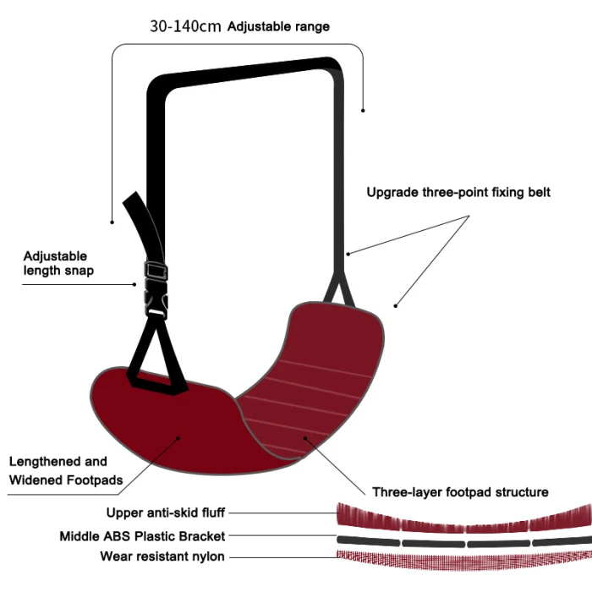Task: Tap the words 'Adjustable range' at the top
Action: click(x=278, y=26)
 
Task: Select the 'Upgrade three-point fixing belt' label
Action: click(x=458, y=192)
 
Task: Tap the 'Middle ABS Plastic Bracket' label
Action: click(x=142, y=536)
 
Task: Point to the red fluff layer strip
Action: click(x=464, y=516)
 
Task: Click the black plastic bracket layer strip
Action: click(x=464, y=540)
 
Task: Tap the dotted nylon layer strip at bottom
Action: click(x=464, y=557)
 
